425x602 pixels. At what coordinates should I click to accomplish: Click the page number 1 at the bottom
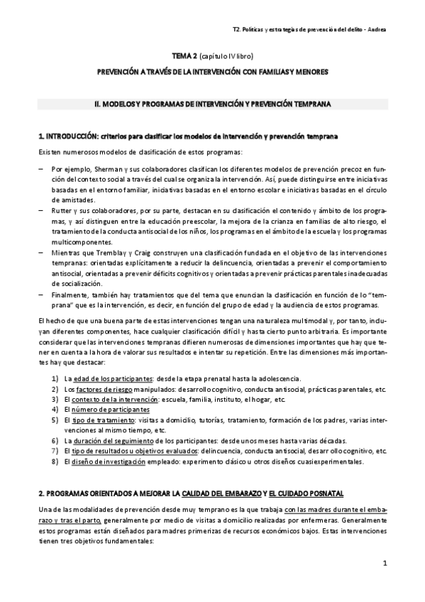384,564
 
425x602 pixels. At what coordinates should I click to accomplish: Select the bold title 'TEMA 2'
185,55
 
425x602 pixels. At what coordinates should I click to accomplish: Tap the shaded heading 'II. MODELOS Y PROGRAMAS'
212,103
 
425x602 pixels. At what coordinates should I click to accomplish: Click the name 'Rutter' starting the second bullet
62,211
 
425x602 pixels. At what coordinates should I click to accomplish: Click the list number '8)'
55,461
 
